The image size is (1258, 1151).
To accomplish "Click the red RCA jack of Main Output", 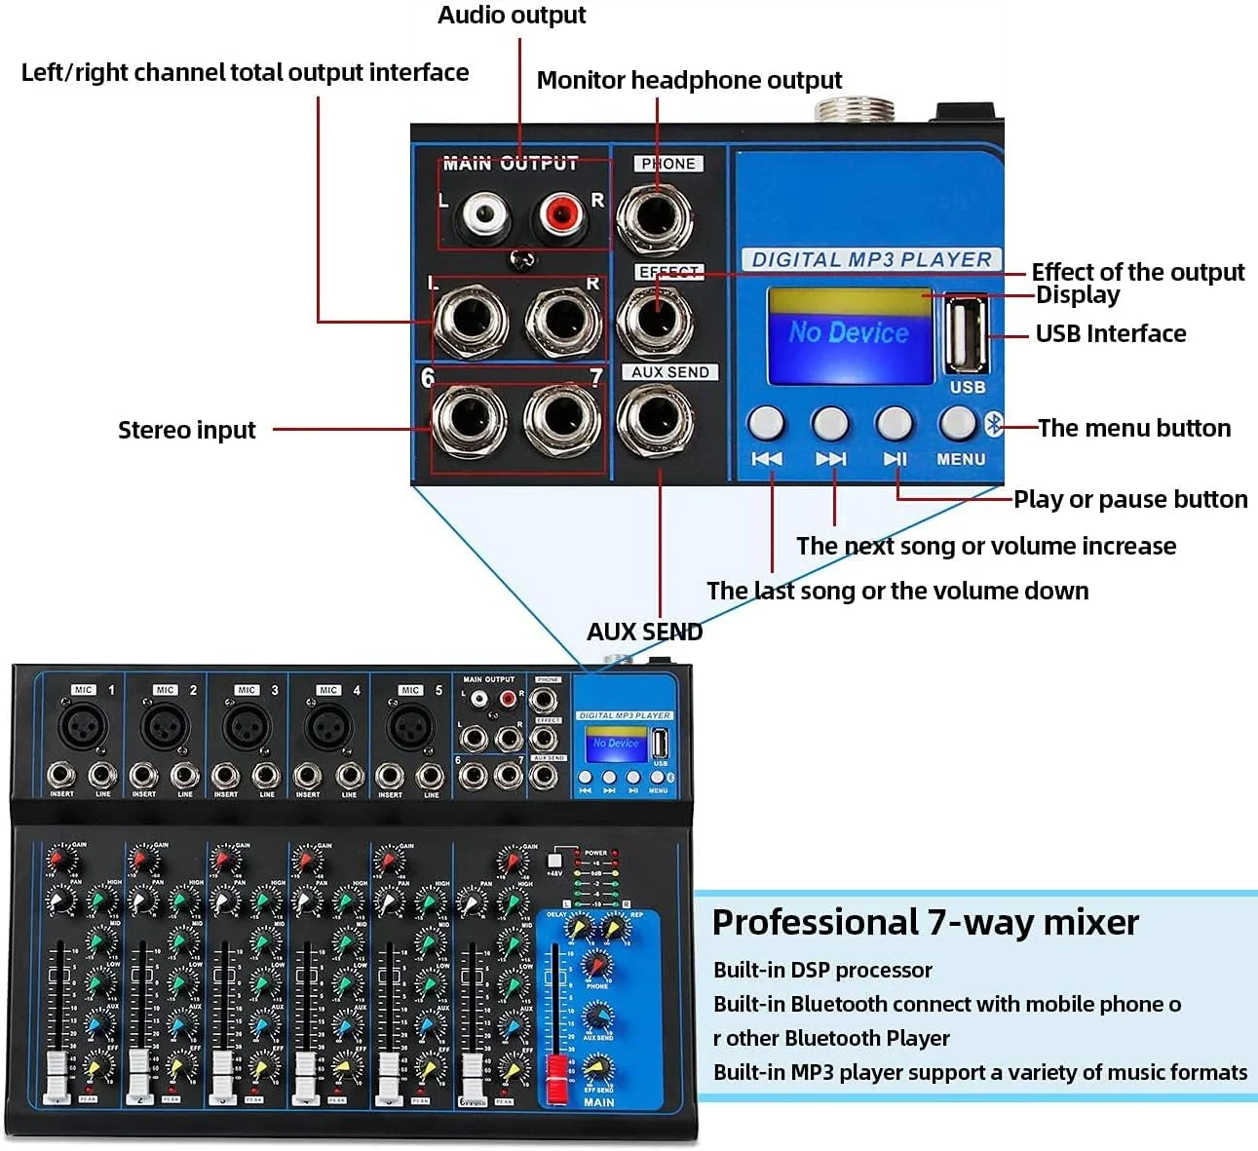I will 560,213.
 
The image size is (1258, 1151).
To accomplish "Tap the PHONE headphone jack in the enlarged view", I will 656,215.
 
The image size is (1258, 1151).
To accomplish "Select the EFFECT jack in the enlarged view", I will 656,319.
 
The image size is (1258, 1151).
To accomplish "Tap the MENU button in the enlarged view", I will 957,423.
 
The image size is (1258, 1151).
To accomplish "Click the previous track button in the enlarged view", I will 766,423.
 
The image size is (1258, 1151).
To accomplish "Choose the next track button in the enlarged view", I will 830,423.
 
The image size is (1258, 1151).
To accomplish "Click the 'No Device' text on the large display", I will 849,333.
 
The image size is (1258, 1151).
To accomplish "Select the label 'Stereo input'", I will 186,430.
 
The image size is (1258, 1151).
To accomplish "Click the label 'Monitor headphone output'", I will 689,80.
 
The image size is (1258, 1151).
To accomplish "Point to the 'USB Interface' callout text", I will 1110,333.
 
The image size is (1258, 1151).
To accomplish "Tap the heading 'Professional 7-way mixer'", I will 925,922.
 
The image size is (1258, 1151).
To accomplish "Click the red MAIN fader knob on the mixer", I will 556,1078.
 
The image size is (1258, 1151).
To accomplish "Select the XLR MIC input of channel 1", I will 83,726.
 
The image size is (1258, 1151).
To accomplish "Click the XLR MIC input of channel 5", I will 410,726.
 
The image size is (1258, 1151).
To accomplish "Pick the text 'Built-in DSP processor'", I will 822,970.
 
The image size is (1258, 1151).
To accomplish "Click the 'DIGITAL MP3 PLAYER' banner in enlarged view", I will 871,259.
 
